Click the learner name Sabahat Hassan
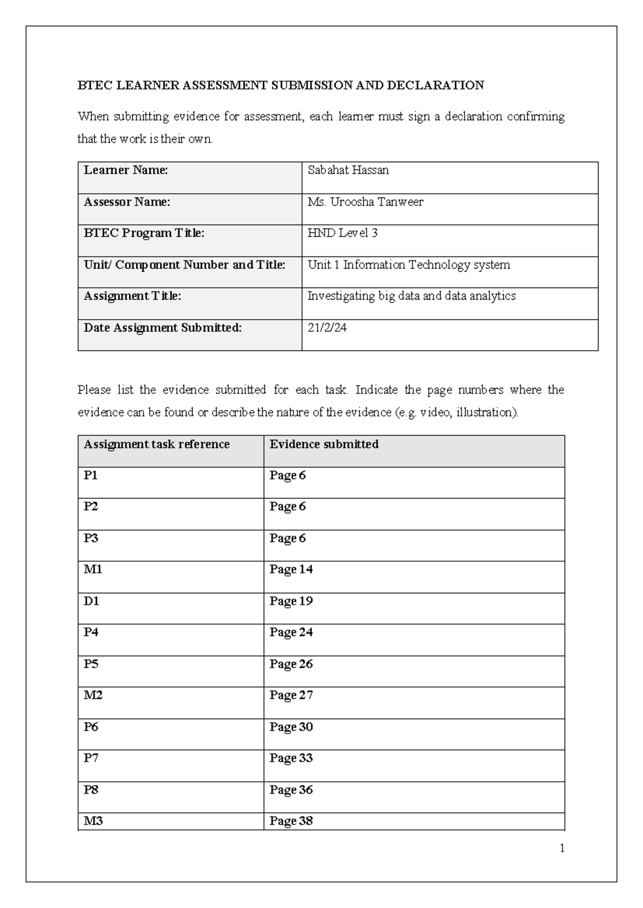(348, 170)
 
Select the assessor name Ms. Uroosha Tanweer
(365, 202)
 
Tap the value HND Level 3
(342, 233)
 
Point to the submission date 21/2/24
(327, 328)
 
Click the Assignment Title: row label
(132, 296)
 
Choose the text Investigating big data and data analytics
(411, 296)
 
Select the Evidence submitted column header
(324, 444)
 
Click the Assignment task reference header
(156, 444)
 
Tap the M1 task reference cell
(93, 569)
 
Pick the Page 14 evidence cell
(291, 569)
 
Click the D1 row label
(92, 601)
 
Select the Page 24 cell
(291, 632)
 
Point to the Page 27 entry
(291, 695)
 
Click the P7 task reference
(91, 758)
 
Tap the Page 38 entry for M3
(291, 820)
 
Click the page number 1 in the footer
(562, 848)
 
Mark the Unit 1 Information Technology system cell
(408, 264)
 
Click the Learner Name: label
(125, 170)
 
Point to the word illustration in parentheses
(486, 412)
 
